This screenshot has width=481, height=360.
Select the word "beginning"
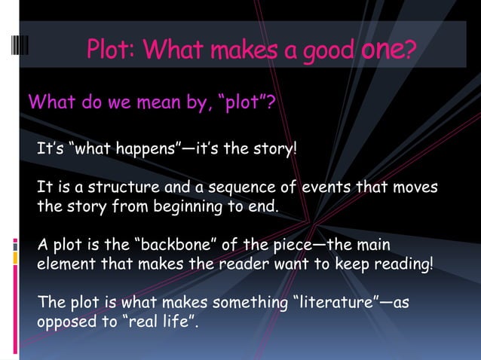coord(183,206)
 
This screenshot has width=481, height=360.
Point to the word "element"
coord(65,264)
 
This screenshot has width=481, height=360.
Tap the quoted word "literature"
coord(332,303)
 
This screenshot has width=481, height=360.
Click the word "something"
coord(248,303)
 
